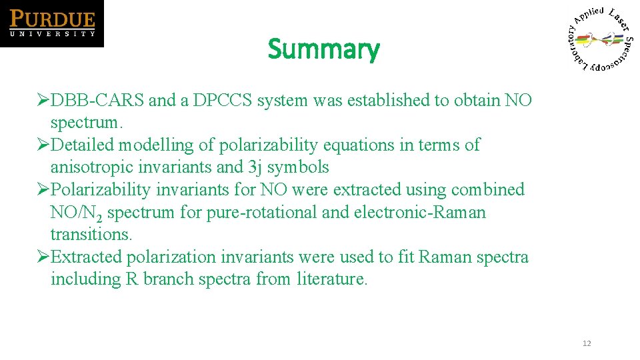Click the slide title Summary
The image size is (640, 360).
pyautogui.click(x=323, y=49)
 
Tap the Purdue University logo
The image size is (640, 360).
pyautogui.click(x=52, y=23)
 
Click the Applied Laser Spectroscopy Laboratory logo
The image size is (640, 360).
pyautogui.click(x=601, y=39)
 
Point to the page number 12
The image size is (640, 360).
pyautogui.click(x=587, y=343)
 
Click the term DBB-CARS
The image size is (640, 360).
pyautogui.click(x=97, y=101)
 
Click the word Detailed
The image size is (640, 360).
pyautogui.click(x=87, y=145)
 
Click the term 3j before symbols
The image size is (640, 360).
pyautogui.click(x=255, y=167)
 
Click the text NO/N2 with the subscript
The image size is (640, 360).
pyautogui.click(x=75, y=213)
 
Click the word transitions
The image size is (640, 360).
pyautogui.click(x=91, y=235)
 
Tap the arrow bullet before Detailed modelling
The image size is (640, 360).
pyautogui.click(x=43, y=145)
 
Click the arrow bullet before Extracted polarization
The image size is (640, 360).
pyautogui.click(x=43, y=257)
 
